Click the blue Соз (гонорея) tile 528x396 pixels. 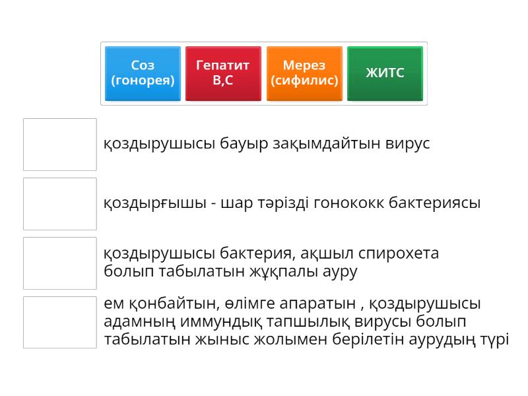pyautogui.click(x=143, y=73)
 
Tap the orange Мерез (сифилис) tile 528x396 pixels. pyautogui.click(x=304, y=73)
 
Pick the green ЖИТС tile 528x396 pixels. pyautogui.click(x=385, y=73)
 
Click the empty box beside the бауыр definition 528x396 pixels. pyautogui.click(x=60, y=145)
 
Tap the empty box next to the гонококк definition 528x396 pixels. pyautogui.click(x=60, y=204)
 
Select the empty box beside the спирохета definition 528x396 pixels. pyautogui.click(x=60, y=263)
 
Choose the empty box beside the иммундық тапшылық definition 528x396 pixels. pyautogui.click(x=60, y=322)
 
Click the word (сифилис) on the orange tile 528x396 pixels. pyautogui.click(x=304, y=81)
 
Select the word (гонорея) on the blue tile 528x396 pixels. pyautogui.click(x=143, y=81)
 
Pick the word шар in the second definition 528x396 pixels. pyautogui.click(x=240, y=203)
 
